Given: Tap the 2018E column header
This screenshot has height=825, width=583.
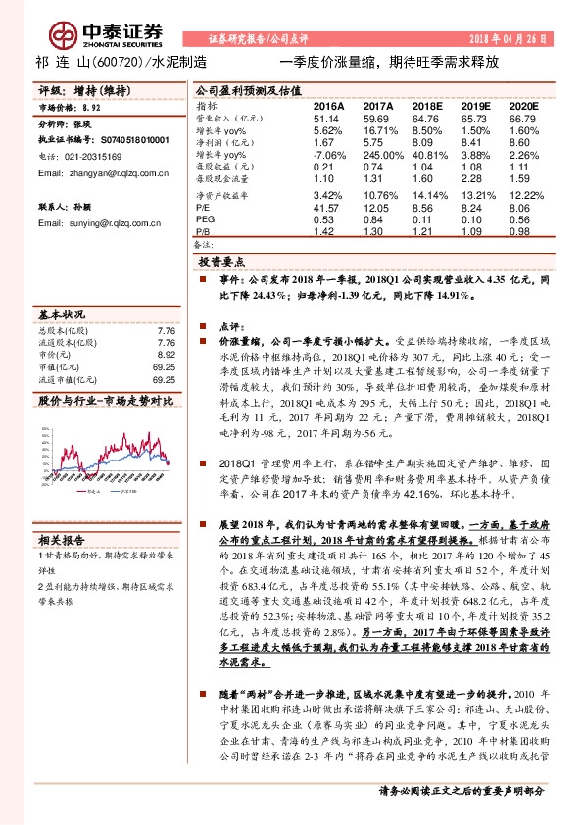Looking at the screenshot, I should coord(427,104).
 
